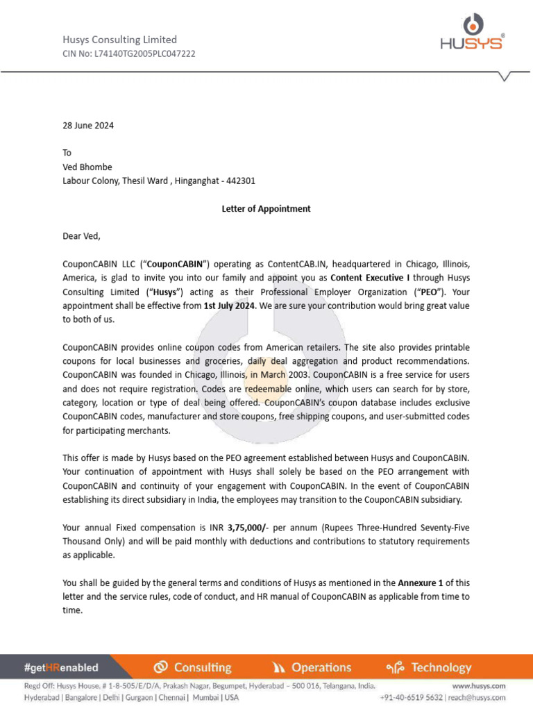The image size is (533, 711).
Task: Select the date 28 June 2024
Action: click(x=88, y=126)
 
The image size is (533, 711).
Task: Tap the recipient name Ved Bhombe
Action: click(x=87, y=167)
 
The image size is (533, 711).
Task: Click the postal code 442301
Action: click(x=237, y=181)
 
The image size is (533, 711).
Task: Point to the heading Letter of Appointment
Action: click(x=266, y=208)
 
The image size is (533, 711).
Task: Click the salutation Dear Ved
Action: click(x=82, y=236)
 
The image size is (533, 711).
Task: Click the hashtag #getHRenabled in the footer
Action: click(x=61, y=667)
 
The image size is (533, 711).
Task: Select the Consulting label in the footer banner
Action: click(x=202, y=667)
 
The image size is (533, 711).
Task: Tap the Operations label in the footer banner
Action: click(x=321, y=667)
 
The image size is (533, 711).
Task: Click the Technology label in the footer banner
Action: click(x=441, y=667)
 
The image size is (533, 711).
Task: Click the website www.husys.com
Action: click(x=479, y=685)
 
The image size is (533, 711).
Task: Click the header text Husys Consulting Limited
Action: click(x=120, y=40)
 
